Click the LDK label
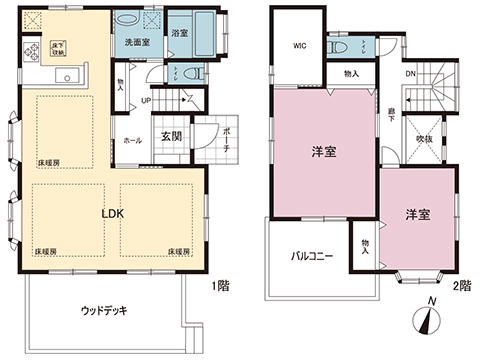(111, 212)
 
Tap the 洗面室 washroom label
(136, 44)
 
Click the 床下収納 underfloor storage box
(57, 47)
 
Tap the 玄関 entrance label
(171, 137)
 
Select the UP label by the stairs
(146, 101)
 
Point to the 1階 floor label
(222, 286)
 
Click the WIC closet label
(299, 45)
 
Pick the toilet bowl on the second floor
(339, 46)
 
